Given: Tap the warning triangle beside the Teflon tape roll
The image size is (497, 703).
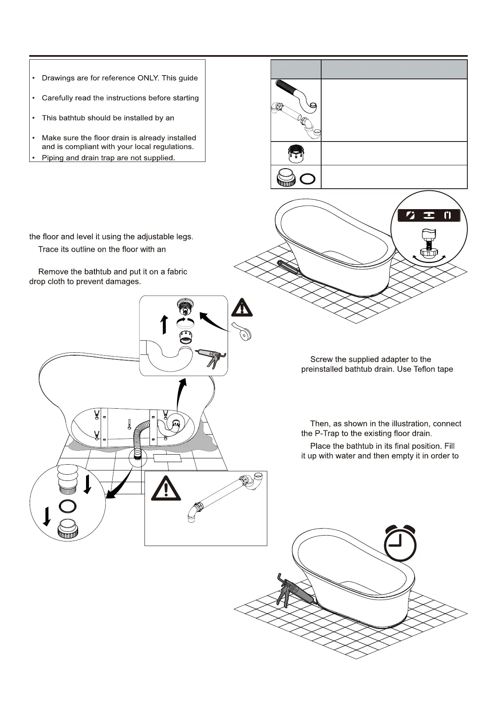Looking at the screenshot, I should pos(242,308).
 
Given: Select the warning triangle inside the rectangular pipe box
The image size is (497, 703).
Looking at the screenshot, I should pos(166,489).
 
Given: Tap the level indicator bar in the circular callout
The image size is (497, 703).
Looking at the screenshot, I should pos(429,215).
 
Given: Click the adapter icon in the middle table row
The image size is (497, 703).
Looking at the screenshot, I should pos(296,153).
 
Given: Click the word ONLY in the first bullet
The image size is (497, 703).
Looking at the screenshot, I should pos(148,78).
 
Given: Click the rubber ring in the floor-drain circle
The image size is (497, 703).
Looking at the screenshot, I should pos(68,506).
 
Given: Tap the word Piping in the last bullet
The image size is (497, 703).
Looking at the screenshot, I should pos(53,158).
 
